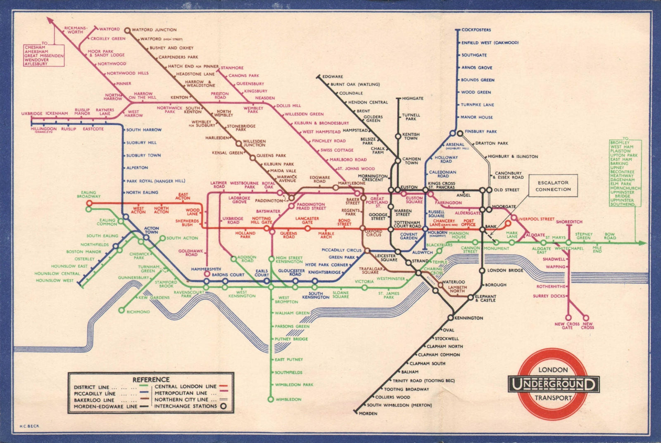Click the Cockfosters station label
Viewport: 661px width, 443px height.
click(x=476, y=30)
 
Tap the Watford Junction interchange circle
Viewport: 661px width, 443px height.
click(x=128, y=30)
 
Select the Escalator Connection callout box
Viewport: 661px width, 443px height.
click(x=553, y=186)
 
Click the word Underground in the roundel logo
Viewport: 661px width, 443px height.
click(x=553, y=384)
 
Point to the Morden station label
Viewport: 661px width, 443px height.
click(x=368, y=413)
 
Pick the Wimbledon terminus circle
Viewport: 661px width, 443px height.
click(x=271, y=399)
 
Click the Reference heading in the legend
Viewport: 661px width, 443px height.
click(x=151, y=379)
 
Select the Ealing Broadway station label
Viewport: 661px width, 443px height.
click(x=88, y=194)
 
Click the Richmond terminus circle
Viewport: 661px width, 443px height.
click(x=121, y=310)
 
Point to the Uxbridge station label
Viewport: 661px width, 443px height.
click(x=32, y=114)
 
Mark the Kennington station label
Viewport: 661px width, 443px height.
click(x=468, y=318)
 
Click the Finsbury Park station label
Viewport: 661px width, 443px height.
click(x=480, y=131)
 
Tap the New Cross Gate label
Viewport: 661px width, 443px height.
click(x=567, y=326)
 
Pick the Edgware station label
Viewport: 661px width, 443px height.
click(x=333, y=76)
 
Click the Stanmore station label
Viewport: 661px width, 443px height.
click(x=232, y=68)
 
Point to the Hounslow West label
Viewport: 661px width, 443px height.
click(x=54, y=281)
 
